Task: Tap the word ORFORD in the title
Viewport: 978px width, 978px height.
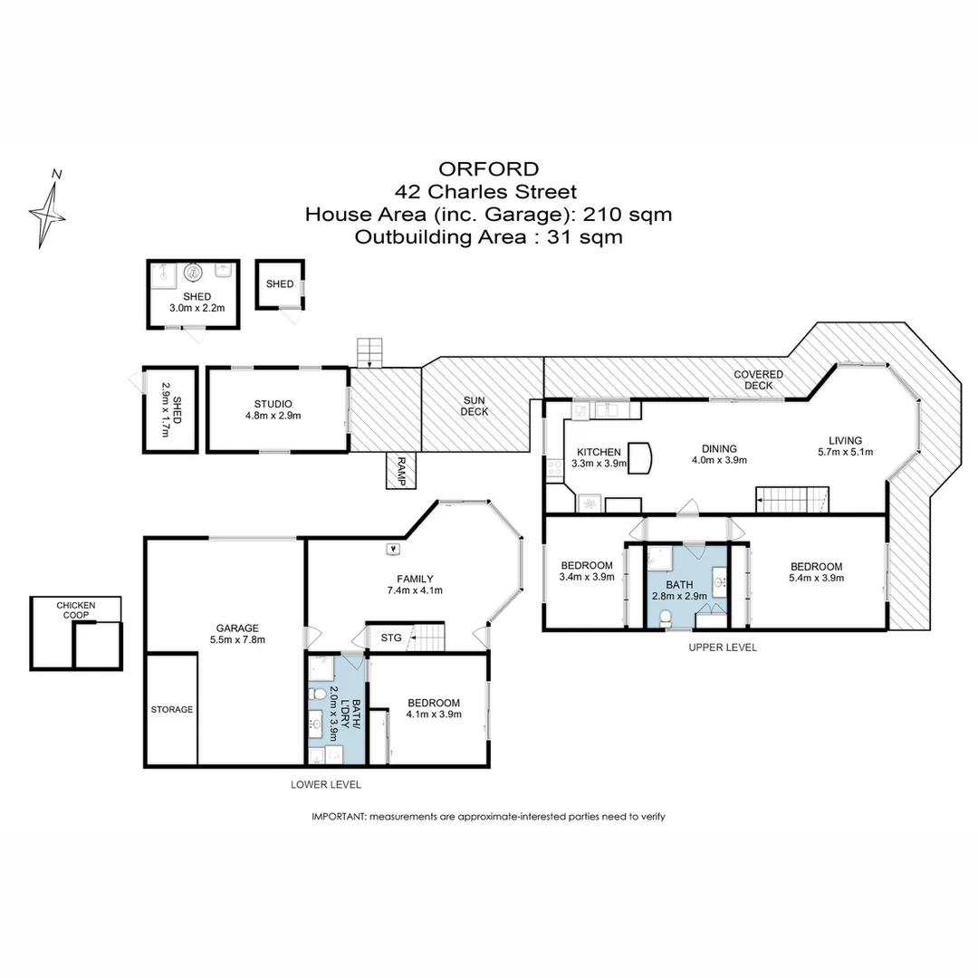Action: coord(488,168)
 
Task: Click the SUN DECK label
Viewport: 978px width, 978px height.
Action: coord(475,405)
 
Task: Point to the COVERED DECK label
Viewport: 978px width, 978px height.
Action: coord(758,379)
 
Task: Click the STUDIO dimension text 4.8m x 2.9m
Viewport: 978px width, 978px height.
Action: coord(273,416)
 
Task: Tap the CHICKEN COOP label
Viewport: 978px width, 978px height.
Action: coord(76,610)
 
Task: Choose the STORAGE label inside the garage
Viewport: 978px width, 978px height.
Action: coord(171,709)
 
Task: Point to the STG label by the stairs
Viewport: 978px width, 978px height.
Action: coord(391,638)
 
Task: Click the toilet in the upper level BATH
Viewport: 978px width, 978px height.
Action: coord(666,617)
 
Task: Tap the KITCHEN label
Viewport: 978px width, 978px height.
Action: coord(599,452)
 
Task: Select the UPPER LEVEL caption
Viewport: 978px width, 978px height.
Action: coord(722,647)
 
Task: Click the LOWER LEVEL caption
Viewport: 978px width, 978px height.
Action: coord(326,784)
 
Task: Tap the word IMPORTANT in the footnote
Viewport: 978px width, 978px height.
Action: coord(339,816)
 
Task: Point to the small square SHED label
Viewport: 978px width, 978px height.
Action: coord(280,283)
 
